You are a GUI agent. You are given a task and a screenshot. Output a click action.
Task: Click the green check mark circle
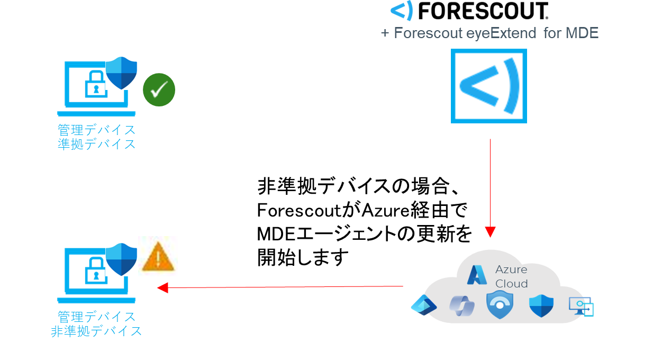159,90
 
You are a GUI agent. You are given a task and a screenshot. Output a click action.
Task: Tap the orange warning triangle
158,257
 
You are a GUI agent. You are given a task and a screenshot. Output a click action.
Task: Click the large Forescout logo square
488,86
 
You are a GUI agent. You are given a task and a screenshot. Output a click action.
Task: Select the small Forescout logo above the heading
402,10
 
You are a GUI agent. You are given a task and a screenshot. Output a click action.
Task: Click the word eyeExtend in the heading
501,33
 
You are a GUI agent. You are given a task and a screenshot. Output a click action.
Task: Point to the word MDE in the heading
582,33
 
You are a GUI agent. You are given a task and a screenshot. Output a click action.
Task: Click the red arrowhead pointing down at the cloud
490,232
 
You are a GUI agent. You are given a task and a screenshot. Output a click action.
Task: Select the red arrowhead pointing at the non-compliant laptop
162,287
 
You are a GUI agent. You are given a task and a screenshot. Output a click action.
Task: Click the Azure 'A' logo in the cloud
477,274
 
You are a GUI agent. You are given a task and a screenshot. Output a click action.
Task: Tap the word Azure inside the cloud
511,269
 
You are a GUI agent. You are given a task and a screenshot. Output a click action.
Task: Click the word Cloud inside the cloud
511,284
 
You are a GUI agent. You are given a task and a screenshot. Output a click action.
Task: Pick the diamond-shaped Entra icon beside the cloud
423,305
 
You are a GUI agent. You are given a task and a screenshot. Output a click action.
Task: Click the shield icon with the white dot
500,304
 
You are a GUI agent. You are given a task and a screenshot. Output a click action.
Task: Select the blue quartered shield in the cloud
541,305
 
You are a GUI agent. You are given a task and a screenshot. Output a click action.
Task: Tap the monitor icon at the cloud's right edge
581,306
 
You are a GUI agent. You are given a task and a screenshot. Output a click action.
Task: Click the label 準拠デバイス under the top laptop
96,144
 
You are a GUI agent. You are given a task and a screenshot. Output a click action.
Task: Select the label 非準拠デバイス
96,331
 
